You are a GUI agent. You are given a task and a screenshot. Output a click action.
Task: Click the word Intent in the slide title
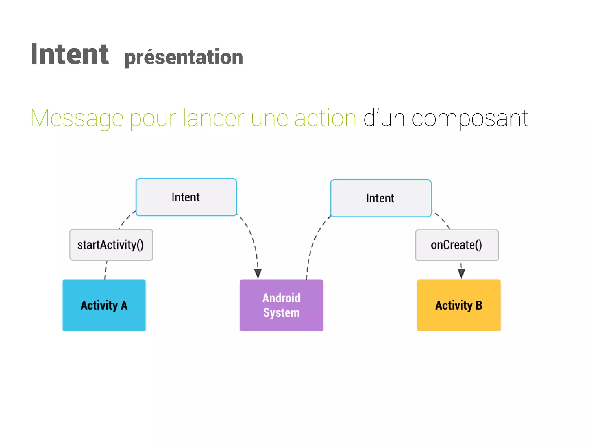pyautogui.click(x=69, y=54)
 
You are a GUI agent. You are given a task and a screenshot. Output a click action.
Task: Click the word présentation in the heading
pyautogui.click(x=184, y=57)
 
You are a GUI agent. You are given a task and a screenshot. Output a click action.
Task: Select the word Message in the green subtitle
pyautogui.click(x=77, y=118)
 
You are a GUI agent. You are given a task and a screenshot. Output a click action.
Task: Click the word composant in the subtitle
pyautogui.click(x=470, y=118)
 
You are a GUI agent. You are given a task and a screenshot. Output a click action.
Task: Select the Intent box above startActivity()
pyautogui.click(x=186, y=197)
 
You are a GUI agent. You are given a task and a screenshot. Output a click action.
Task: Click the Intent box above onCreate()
pyautogui.click(x=381, y=198)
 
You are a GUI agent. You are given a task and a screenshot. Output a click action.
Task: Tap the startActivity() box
pyautogui.click(x=111, y=245)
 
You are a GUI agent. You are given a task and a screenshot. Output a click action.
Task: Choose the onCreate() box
pyautogui.click(x=457, y=245)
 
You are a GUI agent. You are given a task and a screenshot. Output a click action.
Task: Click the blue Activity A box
pyautogui.click(x=104, y=305)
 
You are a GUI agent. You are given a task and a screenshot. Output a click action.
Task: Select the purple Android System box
pyautogui.click(x=282, y=305)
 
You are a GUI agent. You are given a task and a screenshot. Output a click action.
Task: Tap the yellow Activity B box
pyautogui.click(x=459, y=305)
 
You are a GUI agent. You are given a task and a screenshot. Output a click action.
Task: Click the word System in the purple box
pyautogui.click(x=281, y=313)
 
